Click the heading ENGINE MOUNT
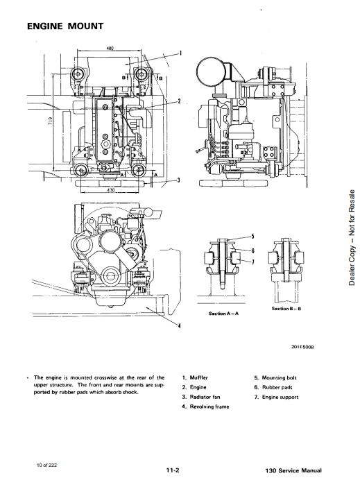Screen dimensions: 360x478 (65, 26)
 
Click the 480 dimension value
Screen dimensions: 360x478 (110, 48)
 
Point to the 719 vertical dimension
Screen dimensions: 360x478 (51, 121)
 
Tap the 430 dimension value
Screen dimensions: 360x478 (111, 190)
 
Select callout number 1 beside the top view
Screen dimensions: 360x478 (181, 53)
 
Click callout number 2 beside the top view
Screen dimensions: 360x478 (180, 101)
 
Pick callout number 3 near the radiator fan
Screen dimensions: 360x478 (179, 180)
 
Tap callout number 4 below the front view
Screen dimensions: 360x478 (180, 326)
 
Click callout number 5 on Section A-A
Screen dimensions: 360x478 (252, 236)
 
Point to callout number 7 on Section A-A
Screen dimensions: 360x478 (252, 262)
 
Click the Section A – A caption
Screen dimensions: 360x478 (224, 314)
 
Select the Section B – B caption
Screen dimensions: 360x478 (286, 309)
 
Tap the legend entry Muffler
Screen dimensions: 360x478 (196, 377)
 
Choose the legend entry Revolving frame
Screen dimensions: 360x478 (206, 407)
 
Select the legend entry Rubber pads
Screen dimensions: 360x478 (273, 387)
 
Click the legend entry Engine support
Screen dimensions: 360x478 (277, 398)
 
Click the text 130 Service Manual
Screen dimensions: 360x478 (293, 470)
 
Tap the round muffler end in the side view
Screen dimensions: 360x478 (211, 72)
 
